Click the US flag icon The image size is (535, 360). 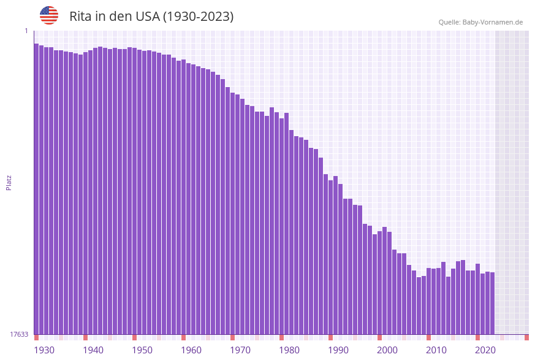tap(49, 15)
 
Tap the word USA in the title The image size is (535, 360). tap(143, 17)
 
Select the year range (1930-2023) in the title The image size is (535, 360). tap(198, 17)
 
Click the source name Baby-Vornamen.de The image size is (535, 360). tap(493, 22)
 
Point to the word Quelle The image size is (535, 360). tap(449, 22)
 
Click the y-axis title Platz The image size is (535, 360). tap(9, 182)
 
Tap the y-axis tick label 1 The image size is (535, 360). tap(26, 31)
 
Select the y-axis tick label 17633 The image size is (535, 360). tap(19, 334)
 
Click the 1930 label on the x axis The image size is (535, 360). tap(44, 350)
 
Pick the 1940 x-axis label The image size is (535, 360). tap(93, 350)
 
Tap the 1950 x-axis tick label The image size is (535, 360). tap(142, 350)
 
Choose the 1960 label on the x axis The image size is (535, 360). tap(191, 350)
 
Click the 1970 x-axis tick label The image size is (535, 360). tap(240, 350)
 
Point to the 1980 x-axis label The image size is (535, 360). tap(289, 350)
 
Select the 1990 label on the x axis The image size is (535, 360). tap(338, 350)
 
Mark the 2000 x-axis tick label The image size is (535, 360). tap(387, 350)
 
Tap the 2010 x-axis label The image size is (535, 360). tap(436, 350)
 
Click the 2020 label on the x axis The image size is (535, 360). tap(485, 350)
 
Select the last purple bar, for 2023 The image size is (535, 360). tap(492, 304)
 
